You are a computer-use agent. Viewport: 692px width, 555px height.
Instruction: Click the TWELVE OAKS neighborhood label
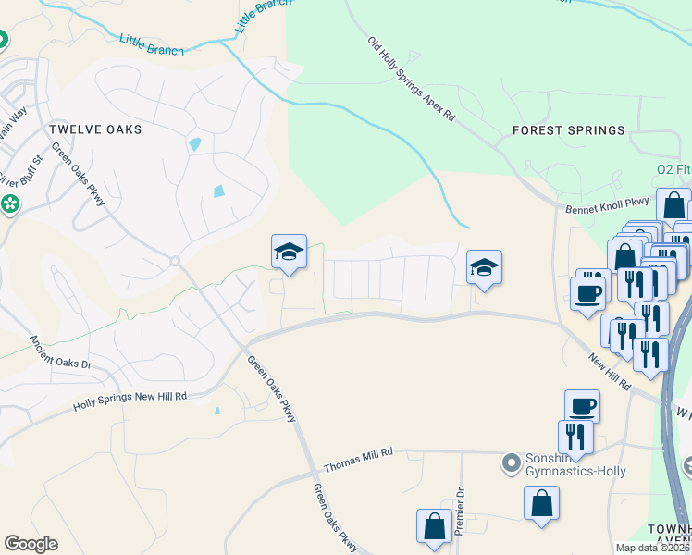point(95,129)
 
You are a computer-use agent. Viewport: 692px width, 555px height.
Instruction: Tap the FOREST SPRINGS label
point(569,130)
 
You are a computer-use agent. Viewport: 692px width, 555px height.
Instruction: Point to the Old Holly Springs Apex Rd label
point(412,80)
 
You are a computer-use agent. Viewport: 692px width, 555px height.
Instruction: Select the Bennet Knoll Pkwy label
point(608,210)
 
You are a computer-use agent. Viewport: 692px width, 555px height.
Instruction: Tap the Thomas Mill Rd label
point(359,452)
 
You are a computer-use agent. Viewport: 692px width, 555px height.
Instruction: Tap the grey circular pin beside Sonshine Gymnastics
point(510,461)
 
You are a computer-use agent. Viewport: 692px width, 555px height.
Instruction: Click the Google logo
point(31,544)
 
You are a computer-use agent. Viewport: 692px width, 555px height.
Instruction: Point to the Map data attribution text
point(653,548)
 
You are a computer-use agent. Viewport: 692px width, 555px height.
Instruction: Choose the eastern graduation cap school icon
point(484,267)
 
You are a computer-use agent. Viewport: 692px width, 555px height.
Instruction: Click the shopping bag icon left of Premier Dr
point(434,526)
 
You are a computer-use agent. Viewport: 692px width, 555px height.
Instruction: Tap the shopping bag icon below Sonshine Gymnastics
point(541,503)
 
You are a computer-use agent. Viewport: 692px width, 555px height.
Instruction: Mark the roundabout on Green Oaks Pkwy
point(174,262)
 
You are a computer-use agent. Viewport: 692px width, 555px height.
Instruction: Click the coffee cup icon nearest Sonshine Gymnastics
point(582,406)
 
